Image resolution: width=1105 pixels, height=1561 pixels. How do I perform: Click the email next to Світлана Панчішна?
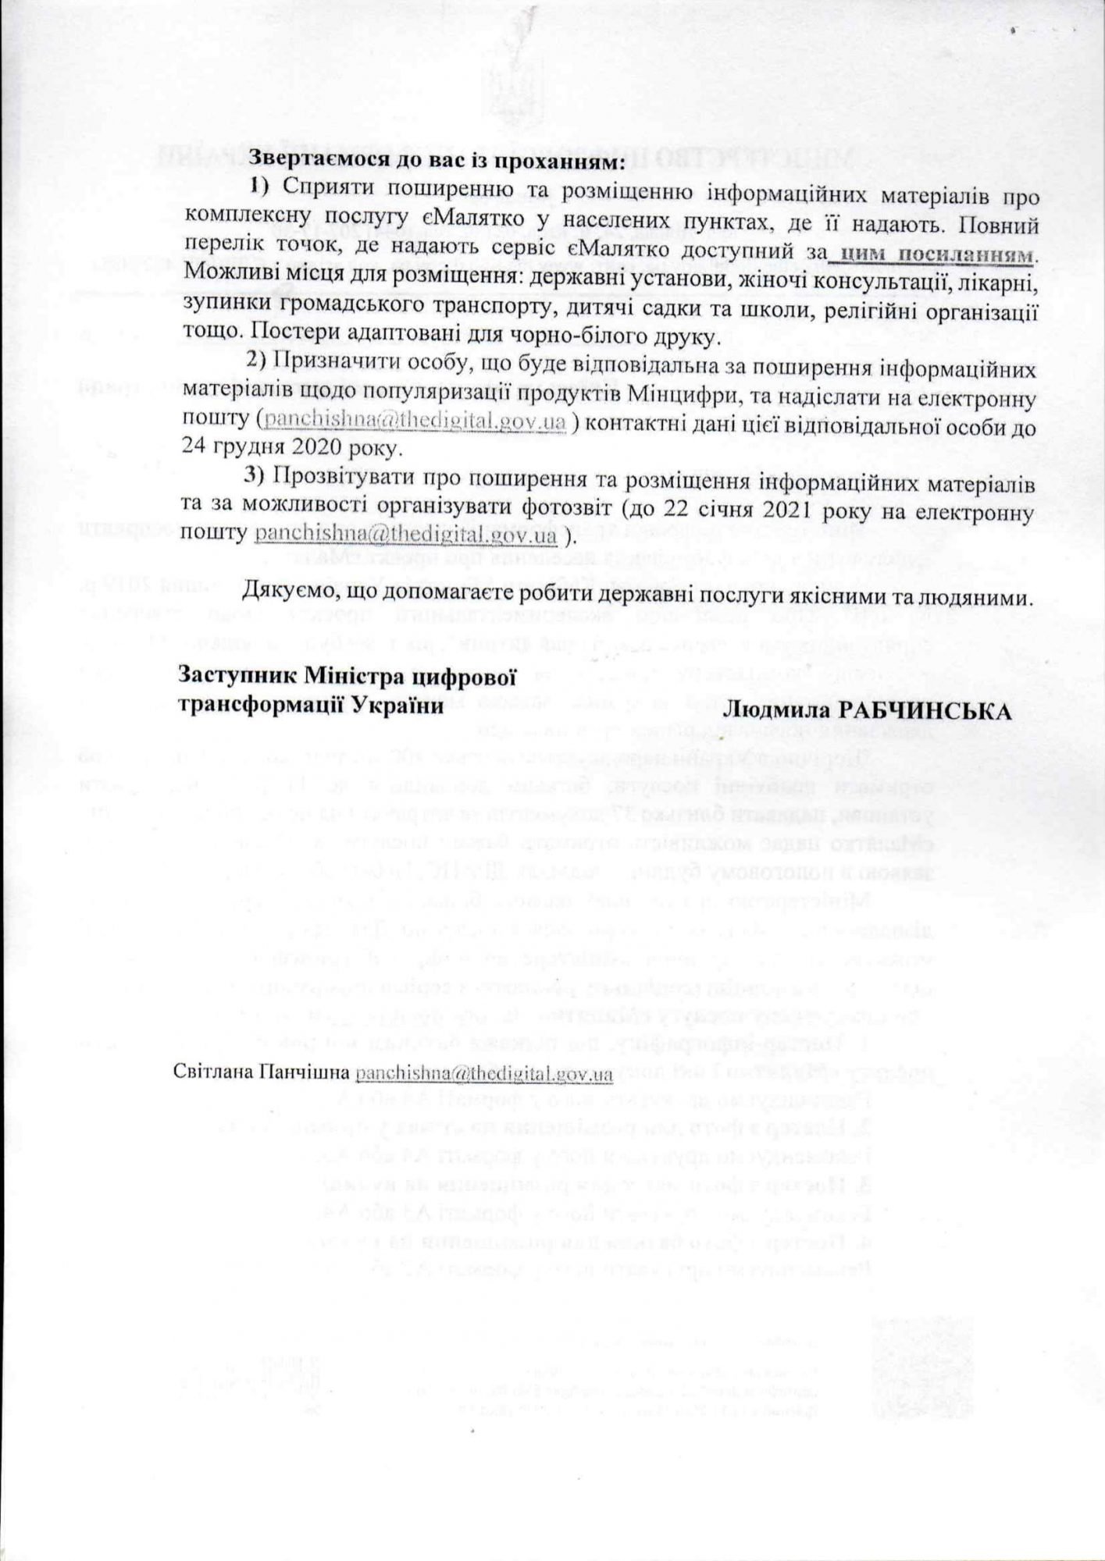483,1074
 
